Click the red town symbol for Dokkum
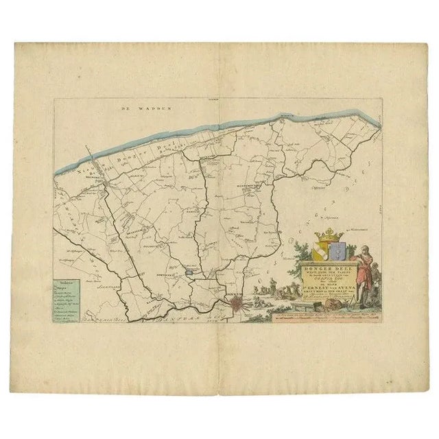tap(236, 300)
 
